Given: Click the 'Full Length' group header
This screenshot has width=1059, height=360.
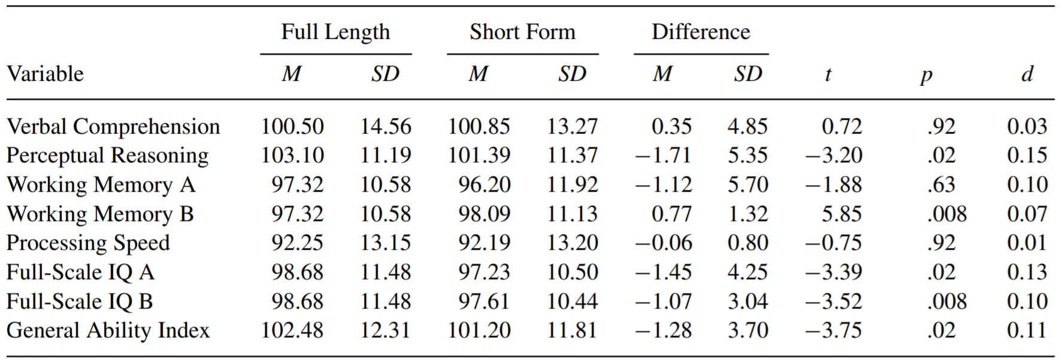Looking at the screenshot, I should (335, 32).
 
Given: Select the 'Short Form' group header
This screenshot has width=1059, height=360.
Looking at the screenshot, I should (522, 32).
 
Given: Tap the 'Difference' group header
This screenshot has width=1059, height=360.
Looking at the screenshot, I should (701, 32).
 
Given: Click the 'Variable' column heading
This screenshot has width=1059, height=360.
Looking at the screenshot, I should (45, 74).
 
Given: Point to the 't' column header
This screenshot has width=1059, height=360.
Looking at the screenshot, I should (828, 74).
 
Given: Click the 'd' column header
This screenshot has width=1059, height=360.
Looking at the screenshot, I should (1027, 74).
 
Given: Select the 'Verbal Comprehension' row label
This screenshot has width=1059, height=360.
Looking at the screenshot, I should (113, 127).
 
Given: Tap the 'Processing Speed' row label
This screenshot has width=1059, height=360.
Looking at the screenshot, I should (88, 243).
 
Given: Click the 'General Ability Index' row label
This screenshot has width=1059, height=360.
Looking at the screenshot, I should (108, 331).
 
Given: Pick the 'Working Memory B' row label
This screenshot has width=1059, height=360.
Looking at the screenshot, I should (100, 214).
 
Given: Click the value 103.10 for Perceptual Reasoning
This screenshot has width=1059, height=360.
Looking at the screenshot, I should (292, 156).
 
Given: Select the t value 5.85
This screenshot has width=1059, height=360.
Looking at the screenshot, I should (842, 214).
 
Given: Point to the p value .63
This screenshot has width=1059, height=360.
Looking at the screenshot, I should (941, 185).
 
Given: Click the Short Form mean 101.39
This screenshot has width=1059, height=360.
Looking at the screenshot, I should (479, 156).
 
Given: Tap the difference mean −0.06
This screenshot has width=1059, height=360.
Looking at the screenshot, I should (663, 243).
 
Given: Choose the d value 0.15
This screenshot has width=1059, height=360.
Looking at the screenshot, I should (1027, 156).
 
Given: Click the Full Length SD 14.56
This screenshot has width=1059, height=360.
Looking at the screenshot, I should (385, 127).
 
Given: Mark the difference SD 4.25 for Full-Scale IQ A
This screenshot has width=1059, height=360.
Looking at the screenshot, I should (748, 273).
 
